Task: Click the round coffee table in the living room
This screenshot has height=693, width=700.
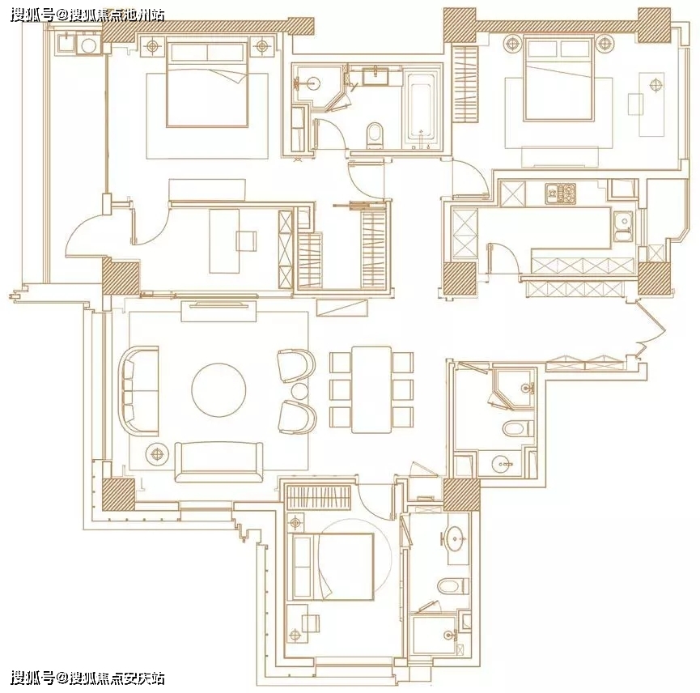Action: [218, 389]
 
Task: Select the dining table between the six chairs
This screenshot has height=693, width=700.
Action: [371, 389]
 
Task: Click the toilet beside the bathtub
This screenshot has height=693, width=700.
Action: [374, 135]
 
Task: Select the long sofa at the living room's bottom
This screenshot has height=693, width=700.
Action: [218, 462]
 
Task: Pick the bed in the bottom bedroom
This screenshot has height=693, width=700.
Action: [333, 567]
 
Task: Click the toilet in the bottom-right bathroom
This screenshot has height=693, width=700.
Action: [452, 586]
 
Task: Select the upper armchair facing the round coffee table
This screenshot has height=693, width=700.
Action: [296, 366]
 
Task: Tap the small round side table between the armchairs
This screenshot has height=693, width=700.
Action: [299, 392]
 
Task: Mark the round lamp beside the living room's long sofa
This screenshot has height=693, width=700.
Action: [157, 454]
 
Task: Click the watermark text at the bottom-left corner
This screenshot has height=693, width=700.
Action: [87, 678]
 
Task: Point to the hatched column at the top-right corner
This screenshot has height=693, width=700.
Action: [654, 25]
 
